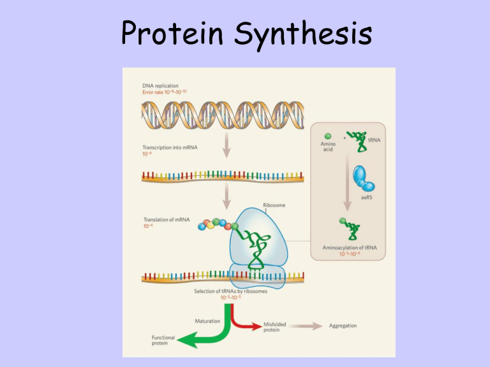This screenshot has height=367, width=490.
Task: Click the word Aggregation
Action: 343,326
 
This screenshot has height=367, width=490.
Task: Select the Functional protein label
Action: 147,340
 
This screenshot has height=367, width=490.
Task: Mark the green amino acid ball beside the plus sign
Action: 328,135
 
